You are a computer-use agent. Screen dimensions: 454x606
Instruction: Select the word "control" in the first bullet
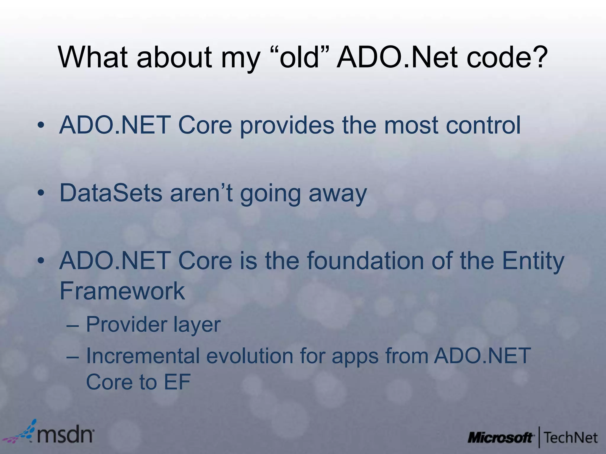483,125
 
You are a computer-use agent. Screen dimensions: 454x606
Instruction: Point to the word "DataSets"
111,193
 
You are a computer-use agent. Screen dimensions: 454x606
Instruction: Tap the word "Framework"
122,291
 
